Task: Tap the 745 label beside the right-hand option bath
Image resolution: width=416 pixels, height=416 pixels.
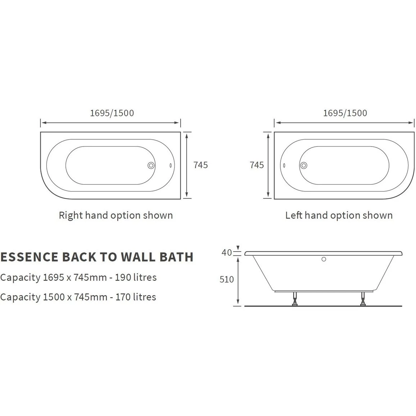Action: point(200,165)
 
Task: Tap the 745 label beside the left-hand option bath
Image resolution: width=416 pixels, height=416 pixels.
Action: point(257,165)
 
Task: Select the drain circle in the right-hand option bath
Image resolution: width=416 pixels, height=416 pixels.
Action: point(151,166)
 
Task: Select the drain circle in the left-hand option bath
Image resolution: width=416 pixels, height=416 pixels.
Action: point(304,166)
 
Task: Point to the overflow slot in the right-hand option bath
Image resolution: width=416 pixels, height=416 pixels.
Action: point(171,166)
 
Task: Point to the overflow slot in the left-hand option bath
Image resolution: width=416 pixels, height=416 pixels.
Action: point(284,166)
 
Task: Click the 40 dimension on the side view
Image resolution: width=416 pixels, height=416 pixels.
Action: point(227,253)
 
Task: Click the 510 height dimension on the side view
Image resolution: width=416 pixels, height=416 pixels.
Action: point(227,279)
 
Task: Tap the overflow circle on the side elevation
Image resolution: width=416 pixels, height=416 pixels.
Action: point(324,259)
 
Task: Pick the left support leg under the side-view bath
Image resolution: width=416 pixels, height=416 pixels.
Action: point(294,299)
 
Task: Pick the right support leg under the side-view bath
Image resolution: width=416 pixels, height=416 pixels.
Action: point(363,299)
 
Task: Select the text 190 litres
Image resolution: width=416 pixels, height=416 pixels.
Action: point(136,277)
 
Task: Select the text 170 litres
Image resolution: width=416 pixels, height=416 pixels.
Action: point(136,297)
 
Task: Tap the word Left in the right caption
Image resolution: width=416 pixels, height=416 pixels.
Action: point(294,215)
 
